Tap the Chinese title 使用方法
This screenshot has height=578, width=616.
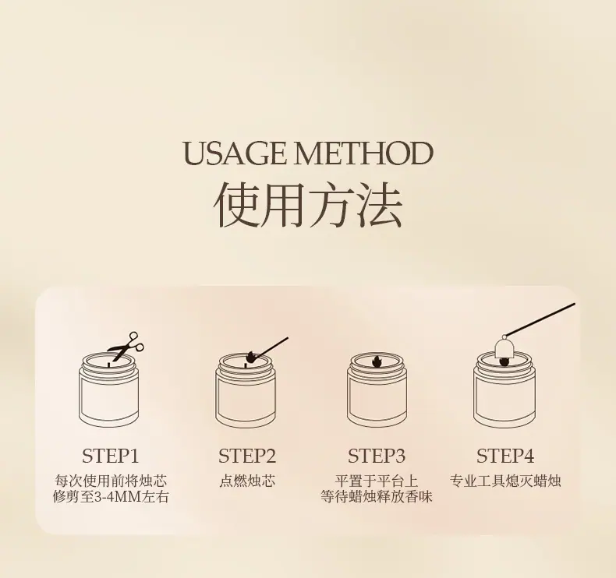point(308,204)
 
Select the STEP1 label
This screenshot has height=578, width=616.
point(111,456)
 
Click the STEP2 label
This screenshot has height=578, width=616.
point(247,456)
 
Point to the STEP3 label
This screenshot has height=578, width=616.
point(377,456)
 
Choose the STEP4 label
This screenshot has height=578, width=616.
point(505,456)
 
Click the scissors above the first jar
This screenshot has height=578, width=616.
point(126,346)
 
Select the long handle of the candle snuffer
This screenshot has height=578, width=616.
point(540,320)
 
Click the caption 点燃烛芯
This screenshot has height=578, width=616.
point(247,481)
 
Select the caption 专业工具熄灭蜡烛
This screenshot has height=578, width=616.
point(505,481)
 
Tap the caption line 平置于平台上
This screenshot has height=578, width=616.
point(377,481)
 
